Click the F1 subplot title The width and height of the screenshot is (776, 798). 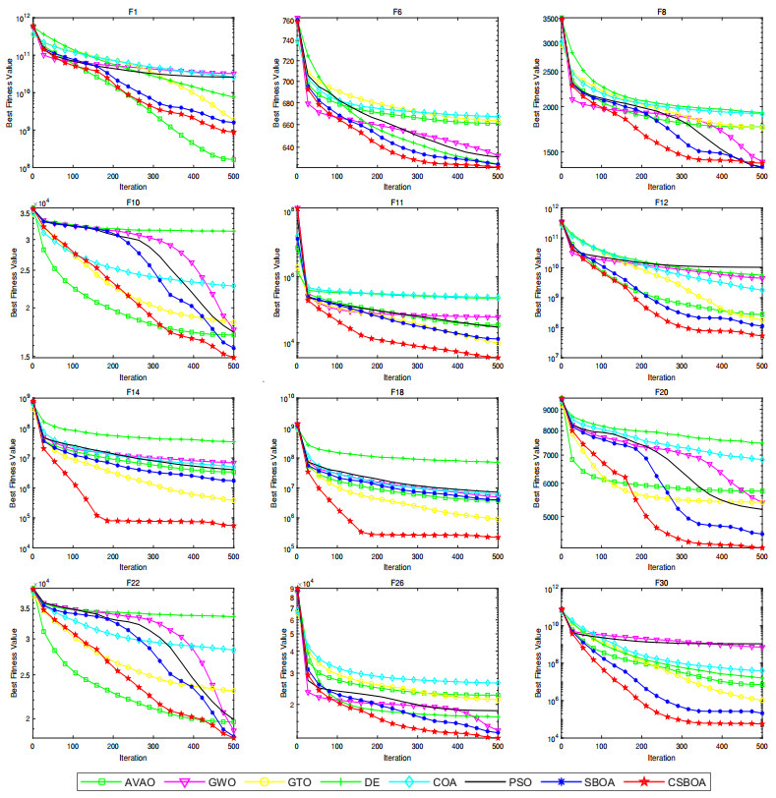(133, 9)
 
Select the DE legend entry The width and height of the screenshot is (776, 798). (366, 781)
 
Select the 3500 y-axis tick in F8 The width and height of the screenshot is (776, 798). (543, 19)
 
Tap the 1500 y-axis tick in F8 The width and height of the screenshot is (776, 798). (543, 152)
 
